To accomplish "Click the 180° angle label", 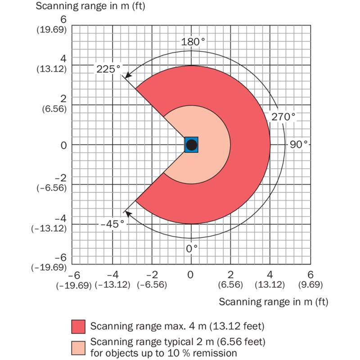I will (x=193, y=42).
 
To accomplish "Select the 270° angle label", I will (x=283, y=117).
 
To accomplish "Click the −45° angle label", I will (x=112, y=223).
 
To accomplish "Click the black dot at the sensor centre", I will (x=191, y=145).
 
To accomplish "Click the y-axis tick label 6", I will (x=63, y=20).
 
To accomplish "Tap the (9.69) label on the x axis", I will (x=310, y=284).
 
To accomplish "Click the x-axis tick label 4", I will (x=271, y=274).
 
